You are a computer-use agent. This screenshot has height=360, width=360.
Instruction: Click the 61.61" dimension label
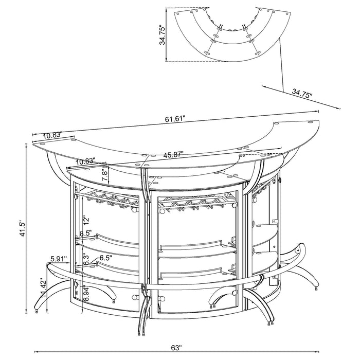tap(175, 119)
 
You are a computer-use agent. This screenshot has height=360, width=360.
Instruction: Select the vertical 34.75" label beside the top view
tap(163, 35)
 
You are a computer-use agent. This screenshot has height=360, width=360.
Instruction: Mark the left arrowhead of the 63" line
tap(34, 351)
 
